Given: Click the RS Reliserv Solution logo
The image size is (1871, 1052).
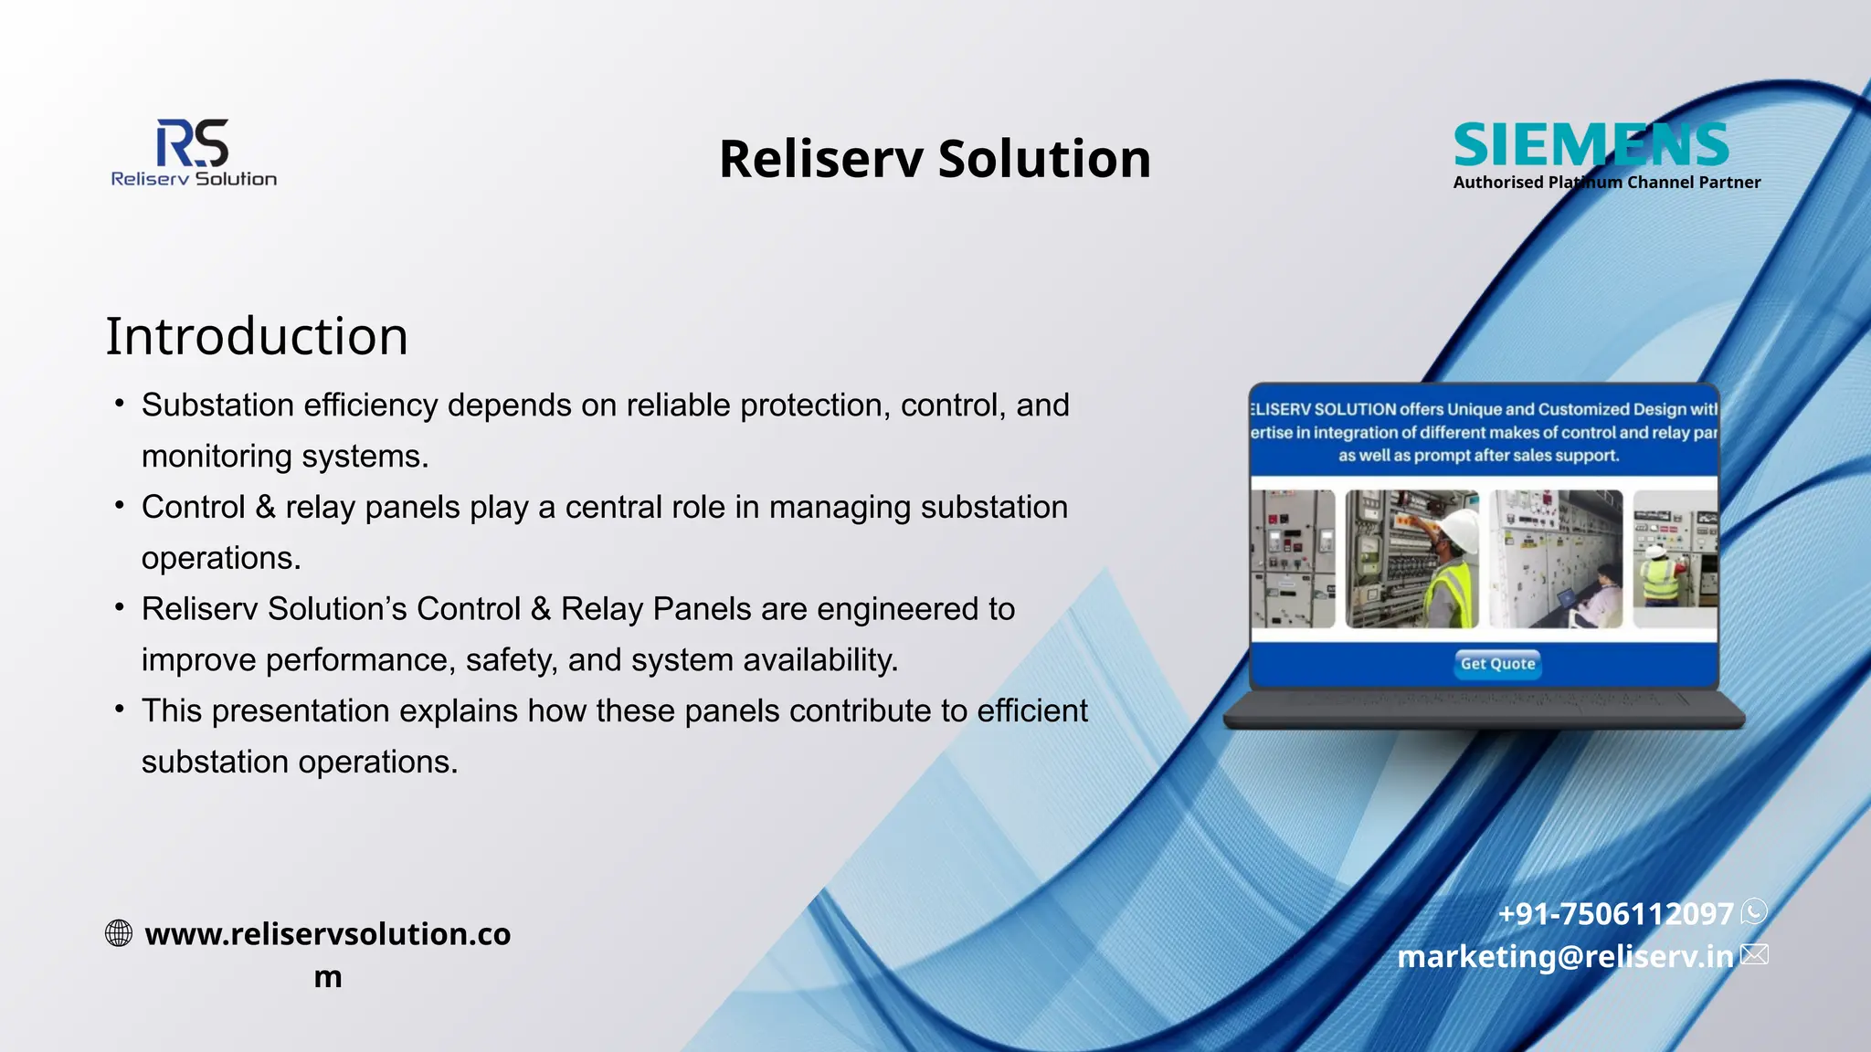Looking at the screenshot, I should tap(194, 153).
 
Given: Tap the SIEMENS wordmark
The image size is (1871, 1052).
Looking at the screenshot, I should tap(1591, 145).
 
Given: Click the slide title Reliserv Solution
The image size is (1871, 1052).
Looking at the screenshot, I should tap(935, 159).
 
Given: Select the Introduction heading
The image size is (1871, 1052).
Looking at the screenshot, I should tap(257, 336).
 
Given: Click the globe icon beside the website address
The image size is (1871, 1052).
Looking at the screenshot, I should tap(119, 933).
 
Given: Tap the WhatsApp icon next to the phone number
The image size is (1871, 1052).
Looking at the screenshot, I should tap(1754, 911).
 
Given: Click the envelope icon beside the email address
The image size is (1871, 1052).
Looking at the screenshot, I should tap(1754, 955).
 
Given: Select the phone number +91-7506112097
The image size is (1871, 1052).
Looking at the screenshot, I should tap(1615, 913).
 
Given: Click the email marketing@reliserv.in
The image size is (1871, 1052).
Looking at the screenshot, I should tap(1565, 956).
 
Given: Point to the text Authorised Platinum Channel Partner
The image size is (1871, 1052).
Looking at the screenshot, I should tap(1606, 183).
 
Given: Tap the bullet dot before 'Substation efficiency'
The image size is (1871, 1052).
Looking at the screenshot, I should tap(120, 403).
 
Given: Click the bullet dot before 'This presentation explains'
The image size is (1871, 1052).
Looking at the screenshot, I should tap(120, 709).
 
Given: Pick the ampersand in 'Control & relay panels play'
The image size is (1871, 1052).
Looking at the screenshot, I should tap(265, 507).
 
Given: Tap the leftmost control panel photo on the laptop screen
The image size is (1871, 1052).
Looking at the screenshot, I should tap(1292, 559).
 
